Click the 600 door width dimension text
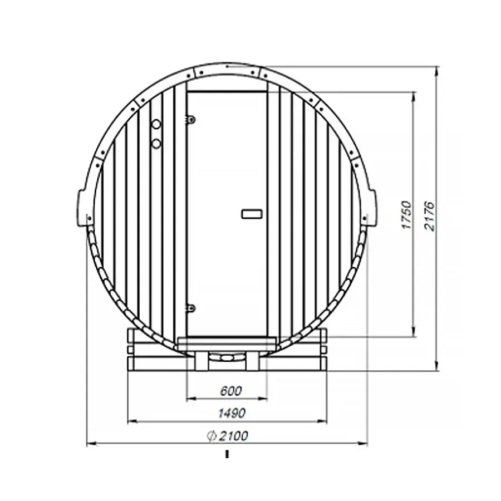point(231,391)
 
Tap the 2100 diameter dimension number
point(234,436)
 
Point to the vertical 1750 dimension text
point(406,214)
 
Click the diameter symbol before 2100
point(211,436)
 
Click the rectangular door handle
point(252,214)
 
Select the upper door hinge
point(190,119)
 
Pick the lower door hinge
point(190,307)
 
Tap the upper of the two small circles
point(156,125)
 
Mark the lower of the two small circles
point(156,143)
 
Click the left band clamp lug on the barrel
point(81,207)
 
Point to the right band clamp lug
point(372,207)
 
